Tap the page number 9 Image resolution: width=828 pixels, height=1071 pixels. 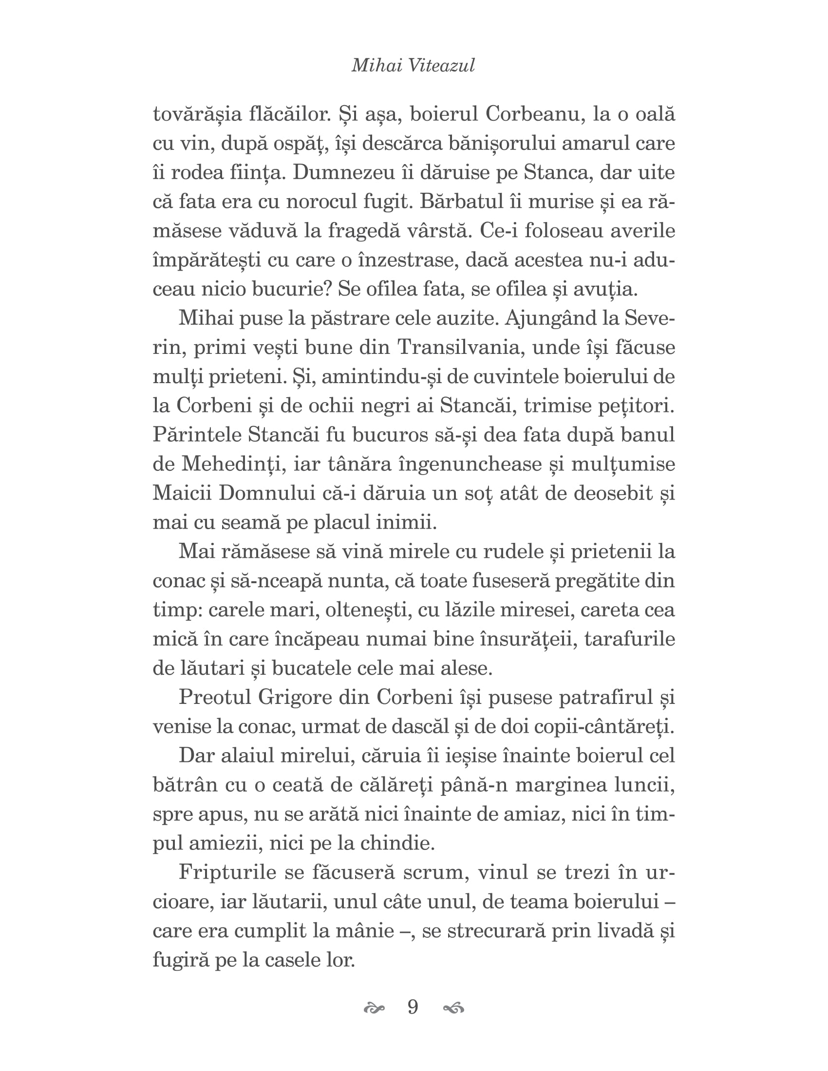pos(413,1007)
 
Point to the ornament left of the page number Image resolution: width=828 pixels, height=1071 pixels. pos(374,1008)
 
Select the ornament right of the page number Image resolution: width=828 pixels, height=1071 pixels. pos(453,1008)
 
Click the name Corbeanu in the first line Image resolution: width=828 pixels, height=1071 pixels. pos(534,114)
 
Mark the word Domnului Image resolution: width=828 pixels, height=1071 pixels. pos(267,493)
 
